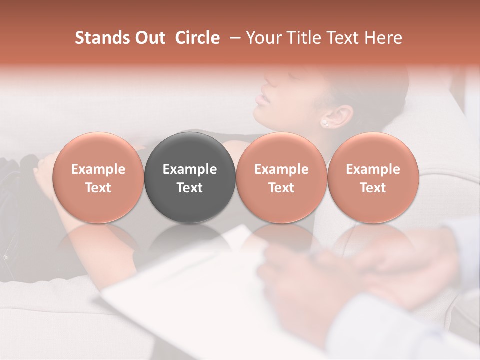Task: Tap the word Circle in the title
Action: (x=197, y=38)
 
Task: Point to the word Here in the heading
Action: (x=383, y=38)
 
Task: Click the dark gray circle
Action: (x=190, y=178)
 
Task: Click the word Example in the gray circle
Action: (x=190, y=169)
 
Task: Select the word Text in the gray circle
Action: (x=190, y=188)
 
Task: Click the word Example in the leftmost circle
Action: (x=98, y=169)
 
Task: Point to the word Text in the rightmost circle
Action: (x=373, y=188)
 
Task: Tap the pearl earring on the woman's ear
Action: (x=325, y=122)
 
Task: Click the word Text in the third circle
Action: (x=281, y=188)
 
